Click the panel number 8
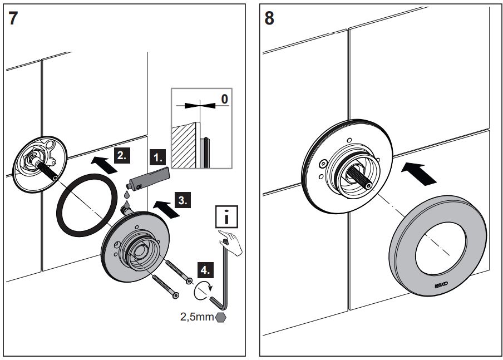pos(269,18)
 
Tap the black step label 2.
pos(121,155)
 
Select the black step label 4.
pos(205,271)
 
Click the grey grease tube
pos(148,177)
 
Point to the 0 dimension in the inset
pos(224,99)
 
